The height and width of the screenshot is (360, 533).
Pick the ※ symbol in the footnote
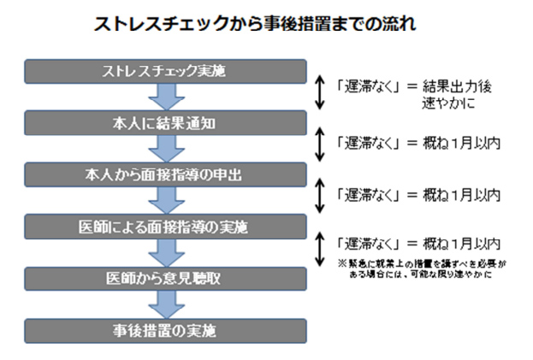click(341, 264)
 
